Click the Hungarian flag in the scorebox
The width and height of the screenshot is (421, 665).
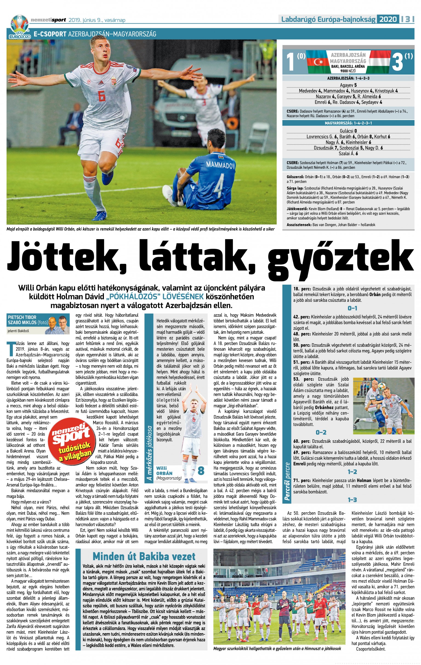tap(379, 62)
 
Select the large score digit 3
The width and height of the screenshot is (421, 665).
tap(397, 62)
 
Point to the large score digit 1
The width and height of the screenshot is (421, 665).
tap(291, 62)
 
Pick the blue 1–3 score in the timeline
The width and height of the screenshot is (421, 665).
tap(352, 500)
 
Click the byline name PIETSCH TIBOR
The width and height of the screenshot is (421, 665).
tap(22, 317)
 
